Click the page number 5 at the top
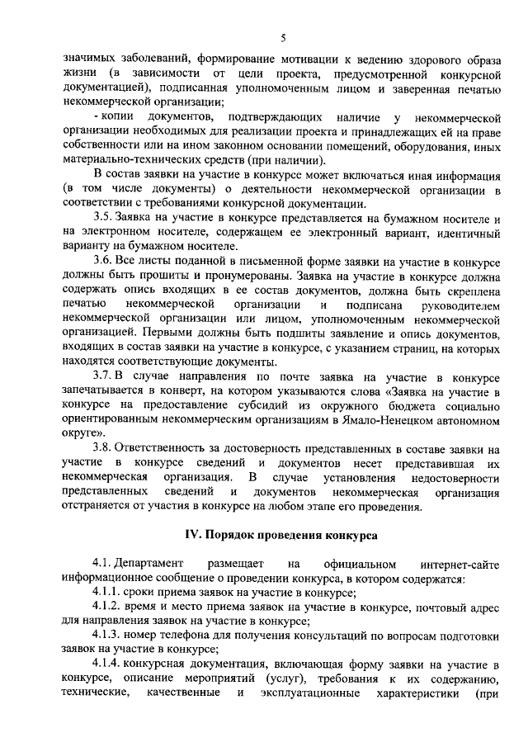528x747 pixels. pyautogui.click(x=283, y=38)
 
